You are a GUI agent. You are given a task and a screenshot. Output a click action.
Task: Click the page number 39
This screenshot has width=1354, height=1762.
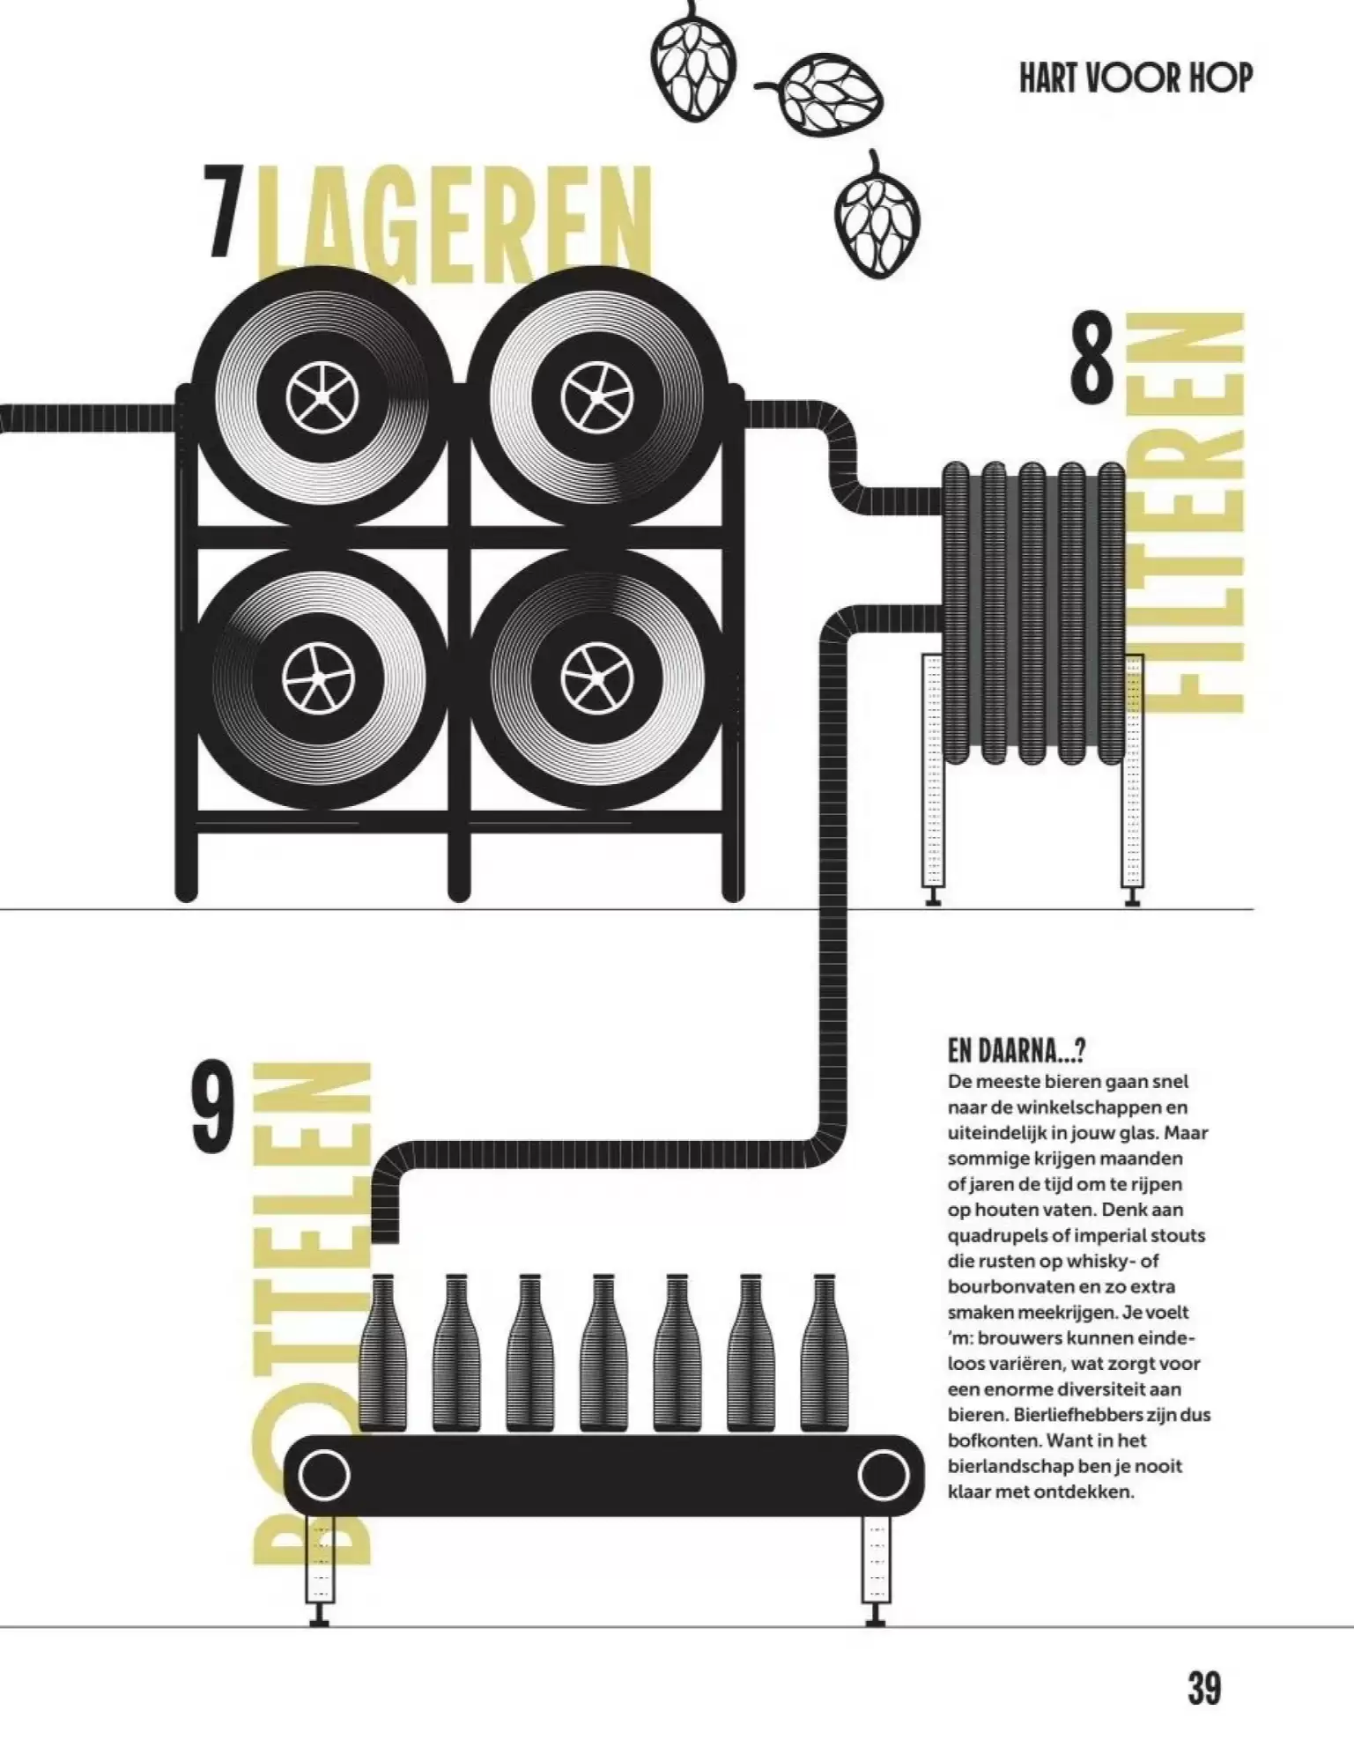pos(1204,1689)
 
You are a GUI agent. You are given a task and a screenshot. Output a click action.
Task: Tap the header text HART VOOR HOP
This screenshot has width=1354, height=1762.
pos(1136,78)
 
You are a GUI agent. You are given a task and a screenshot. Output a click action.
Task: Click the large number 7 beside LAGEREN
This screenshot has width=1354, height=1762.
pos(223,211)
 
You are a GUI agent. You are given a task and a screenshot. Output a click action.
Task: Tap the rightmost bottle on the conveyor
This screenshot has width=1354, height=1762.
pos(824,1352)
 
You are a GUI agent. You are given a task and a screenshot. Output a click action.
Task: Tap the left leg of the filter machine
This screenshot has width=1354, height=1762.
pos(933,780)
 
